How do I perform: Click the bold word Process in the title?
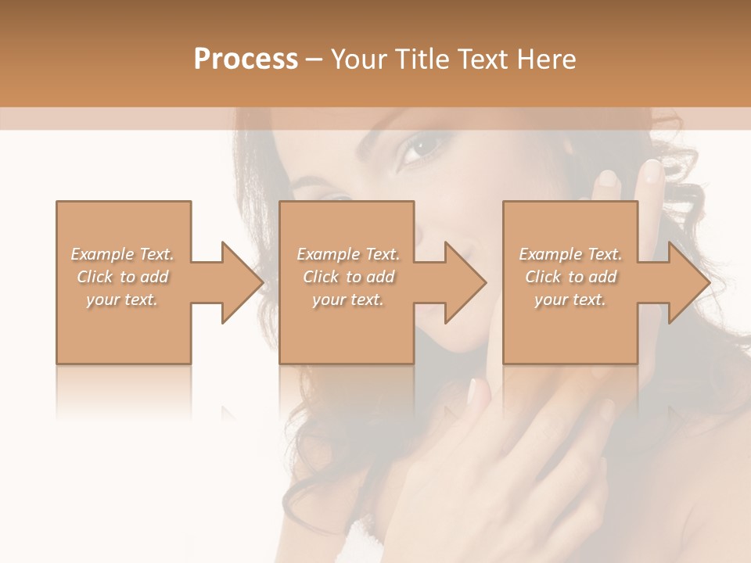pos(246,59)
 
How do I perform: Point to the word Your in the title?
pos(361,59)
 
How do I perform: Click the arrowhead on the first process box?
pos(243,282)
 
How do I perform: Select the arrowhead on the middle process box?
pos(465,282)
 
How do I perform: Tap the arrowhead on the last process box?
pos(688,282)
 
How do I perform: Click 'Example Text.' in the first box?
pos(122,254)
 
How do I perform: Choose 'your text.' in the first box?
pos(122,299)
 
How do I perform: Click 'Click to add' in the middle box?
pos(348,277)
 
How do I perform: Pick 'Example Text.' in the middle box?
pos(348,254)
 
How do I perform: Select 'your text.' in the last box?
pos(570,299)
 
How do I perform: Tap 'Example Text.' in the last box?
pos(570,254)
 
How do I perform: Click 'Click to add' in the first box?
pos(122,277)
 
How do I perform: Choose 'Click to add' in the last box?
pos(570,277)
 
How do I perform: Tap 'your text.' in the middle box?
pos(348,299)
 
